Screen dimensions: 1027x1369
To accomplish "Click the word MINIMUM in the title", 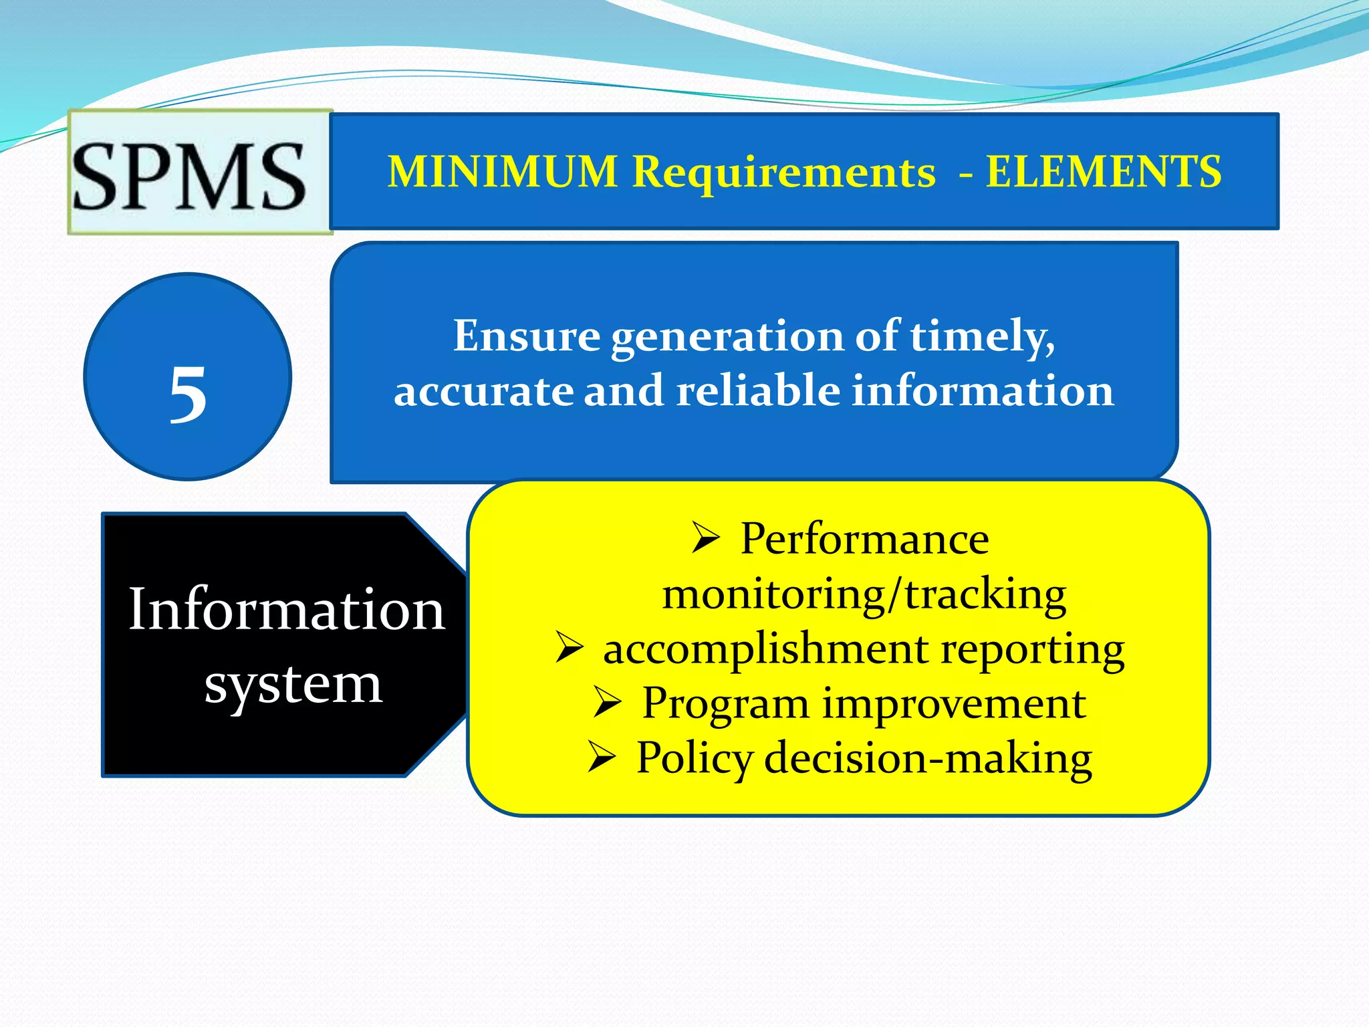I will (x=503, y=172).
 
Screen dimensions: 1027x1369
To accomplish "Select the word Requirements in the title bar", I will (x=783, y=172).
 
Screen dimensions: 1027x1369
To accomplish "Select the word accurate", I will (x=483, y=391).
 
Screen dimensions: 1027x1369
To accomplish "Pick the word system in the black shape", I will (x=293, y=685).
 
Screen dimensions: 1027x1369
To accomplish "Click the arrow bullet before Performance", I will (x=705, y=538).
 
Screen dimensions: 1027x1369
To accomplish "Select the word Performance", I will (x=864, y=539).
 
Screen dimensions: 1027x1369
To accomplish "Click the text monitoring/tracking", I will (x=864, y=594).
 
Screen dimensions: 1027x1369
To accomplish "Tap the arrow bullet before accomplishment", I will (x=569, y=649).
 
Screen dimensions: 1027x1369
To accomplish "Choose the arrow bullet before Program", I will (x=607, y=703).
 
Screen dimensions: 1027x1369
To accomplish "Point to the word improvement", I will (x=953, y=703).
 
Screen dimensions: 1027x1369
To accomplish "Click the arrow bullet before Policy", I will (x=602, y=758).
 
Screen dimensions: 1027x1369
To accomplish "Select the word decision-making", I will (x=928, y=759).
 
